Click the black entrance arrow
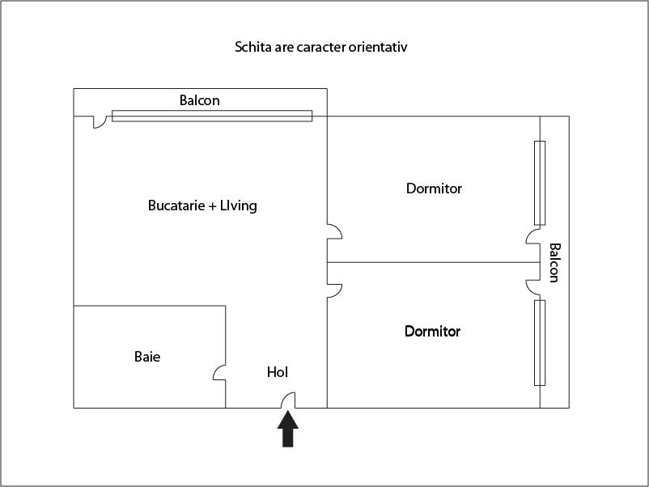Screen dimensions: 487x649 coord(288,429)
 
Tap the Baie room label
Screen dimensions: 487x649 coord(147,356)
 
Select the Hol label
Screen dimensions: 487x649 coord(278,372)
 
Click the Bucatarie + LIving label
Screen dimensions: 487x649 coord(202,205)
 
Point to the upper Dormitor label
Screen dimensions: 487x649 coord(434,188)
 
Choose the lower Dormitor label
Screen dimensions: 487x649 coord(432,332)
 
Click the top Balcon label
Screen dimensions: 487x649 coord(199,101)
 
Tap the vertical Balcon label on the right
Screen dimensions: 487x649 coord(554,262)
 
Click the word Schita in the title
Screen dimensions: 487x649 coord(252,47)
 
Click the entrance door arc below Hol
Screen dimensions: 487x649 coord(288,400)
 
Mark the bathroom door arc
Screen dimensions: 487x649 coord(218,372)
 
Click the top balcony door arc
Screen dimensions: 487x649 coord(100,122)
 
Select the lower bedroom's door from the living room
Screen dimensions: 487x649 coord(333,289)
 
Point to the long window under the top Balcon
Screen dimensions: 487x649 coord(211,116)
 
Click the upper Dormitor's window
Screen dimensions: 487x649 coord(540,183)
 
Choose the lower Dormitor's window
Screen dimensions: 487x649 coord(540,343)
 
